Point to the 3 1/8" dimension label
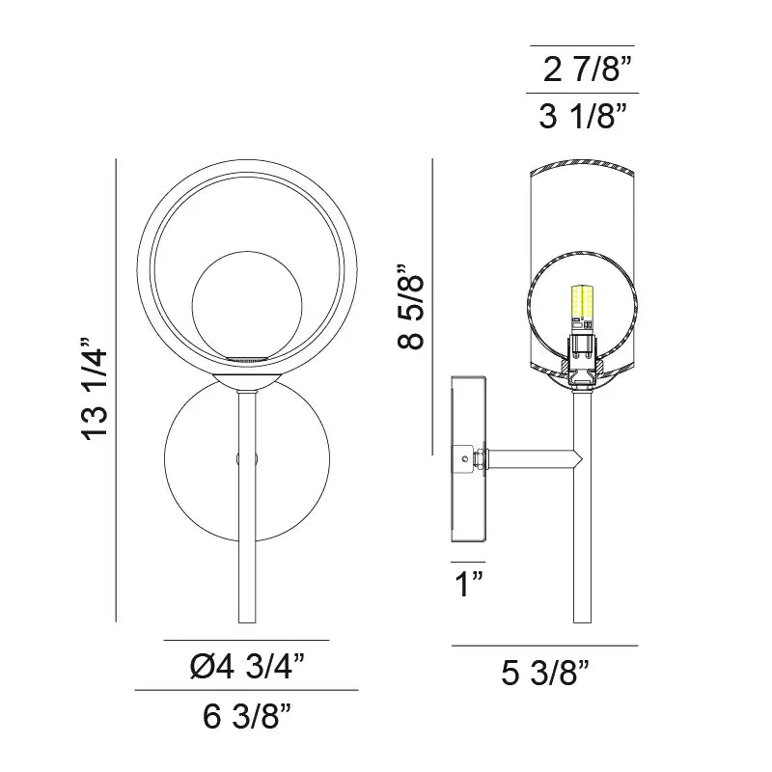(584, 117)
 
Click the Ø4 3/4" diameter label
(247, 665)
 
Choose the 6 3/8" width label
(247, 716)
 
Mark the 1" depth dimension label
(469, 584)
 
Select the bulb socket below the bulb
(582, 357)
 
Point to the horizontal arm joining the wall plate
(531, 457)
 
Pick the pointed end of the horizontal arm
(578, 457)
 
